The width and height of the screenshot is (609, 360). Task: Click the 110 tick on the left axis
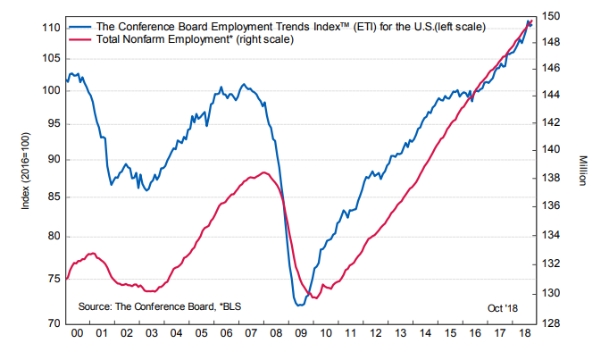point(50,28)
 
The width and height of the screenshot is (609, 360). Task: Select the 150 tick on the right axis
point(551,16)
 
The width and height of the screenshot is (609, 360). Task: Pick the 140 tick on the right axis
point(551,149)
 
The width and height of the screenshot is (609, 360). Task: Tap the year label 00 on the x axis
point(78,333)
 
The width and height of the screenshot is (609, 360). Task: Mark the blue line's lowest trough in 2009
point(298,306)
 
